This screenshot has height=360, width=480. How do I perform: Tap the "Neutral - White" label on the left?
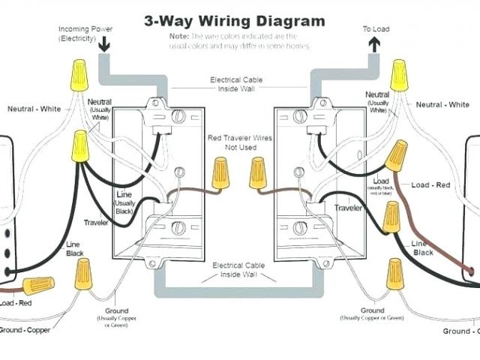[34, 109]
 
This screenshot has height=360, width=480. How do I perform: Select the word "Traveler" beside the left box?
[96, 223]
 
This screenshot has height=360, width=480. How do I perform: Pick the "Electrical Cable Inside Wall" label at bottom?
[238, 270]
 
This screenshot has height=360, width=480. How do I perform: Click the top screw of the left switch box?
[178, 116]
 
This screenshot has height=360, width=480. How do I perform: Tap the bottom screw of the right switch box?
[299, 226]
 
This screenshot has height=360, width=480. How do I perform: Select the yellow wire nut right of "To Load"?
[400, 75]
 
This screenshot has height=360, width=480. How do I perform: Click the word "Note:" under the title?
[178, 36]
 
